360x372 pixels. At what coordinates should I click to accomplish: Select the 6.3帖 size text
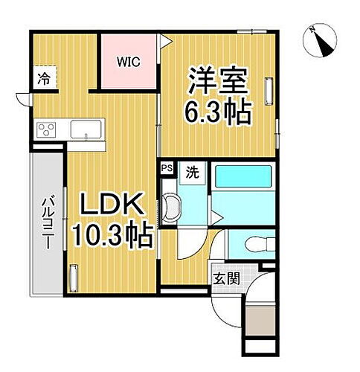click(217, 112)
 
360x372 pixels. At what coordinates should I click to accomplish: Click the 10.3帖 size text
click(112, 237)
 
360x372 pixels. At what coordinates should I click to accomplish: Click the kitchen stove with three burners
click(46, 130)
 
